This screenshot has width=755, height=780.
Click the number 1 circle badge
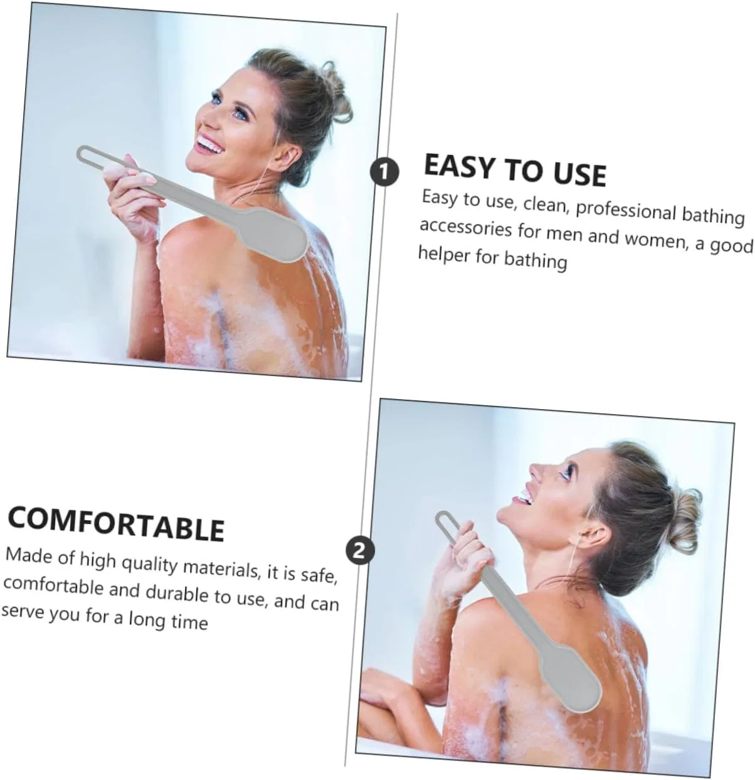(384, 171)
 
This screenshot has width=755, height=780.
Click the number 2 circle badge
(361, 551)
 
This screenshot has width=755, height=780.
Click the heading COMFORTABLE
(116, 524)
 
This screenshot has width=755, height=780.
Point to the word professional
(626, 211)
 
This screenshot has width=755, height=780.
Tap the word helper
(443, 254)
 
